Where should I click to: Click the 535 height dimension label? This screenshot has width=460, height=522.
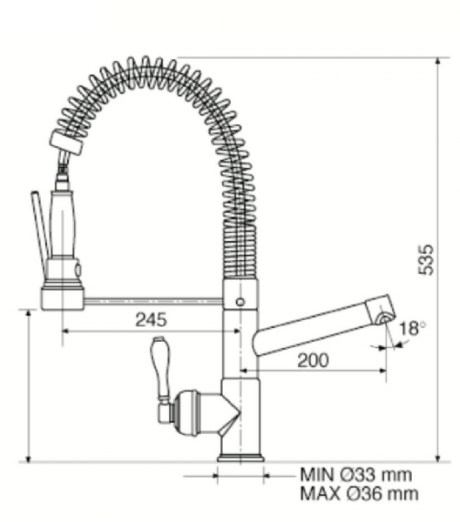426,260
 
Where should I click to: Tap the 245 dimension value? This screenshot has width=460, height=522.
151,319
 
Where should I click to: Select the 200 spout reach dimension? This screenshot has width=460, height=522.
313,360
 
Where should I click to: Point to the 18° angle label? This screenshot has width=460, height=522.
413,328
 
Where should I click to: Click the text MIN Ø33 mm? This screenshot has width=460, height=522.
356,474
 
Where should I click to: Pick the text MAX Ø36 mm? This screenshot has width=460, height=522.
359,493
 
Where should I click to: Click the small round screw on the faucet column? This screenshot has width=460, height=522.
240,302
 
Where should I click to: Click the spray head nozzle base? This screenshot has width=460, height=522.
63,298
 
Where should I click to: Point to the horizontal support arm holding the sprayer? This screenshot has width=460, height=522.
153,301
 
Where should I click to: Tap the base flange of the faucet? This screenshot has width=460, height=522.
240,458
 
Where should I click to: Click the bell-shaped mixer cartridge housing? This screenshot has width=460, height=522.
197,412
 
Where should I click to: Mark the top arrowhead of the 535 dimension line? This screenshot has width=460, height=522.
438,61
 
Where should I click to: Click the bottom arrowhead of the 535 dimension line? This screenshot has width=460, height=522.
438,458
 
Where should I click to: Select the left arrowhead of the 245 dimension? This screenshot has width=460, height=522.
65,331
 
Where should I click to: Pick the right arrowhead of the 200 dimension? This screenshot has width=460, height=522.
382,370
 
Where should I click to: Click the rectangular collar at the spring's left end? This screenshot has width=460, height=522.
66,143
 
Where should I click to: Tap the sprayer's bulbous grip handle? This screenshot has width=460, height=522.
63,224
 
